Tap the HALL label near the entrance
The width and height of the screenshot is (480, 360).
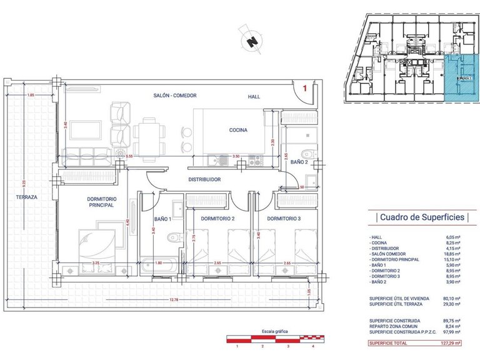point(254,96)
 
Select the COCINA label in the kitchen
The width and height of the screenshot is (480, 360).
point(238,131)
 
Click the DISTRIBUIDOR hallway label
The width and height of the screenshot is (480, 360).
point(205,179)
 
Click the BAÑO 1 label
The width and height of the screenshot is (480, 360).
point(164,219)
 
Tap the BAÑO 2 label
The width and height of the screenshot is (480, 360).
point(299,162)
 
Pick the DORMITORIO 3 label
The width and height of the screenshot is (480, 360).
point(284,219)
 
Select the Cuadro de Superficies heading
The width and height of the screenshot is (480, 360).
point(420,217)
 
